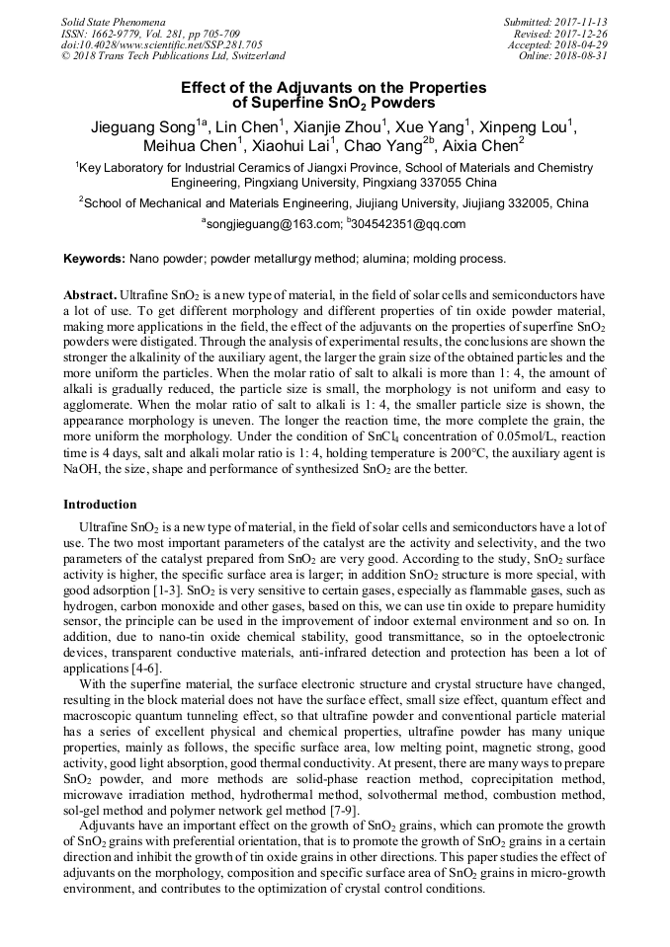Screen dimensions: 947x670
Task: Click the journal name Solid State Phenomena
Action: (113, 21)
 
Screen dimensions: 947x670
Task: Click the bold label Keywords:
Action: (94, 259)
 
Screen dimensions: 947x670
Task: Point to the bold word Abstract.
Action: (90, 295)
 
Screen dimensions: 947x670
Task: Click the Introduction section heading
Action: (100, 505)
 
